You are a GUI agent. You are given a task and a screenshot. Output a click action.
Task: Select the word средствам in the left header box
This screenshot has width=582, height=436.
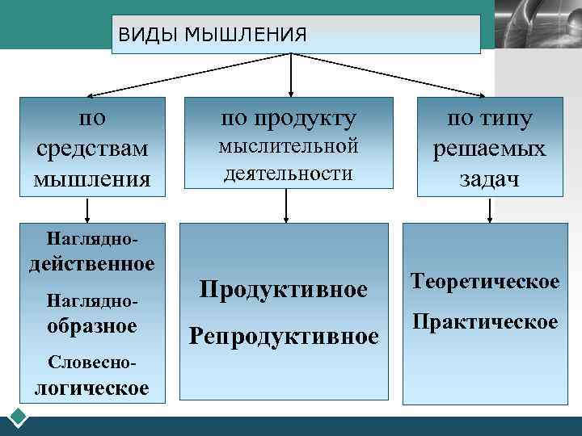click(93, 149)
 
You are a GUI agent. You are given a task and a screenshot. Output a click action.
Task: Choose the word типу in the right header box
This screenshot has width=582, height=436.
click(508, 119)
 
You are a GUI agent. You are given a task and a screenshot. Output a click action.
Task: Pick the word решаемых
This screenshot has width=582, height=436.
click(489, 149)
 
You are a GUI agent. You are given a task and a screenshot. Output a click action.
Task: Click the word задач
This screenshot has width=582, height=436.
click(489, 179)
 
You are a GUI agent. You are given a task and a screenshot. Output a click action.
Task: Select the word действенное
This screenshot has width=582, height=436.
click(92, 265)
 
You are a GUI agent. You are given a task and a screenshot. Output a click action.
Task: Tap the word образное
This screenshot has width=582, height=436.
click(92, 326)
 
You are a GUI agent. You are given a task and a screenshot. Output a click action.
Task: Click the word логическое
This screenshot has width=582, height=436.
click(91, 388)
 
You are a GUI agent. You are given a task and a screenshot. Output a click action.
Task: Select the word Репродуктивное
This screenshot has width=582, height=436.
click(284, 335)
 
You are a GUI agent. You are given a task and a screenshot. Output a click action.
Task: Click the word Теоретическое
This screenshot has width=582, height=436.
click(485, 282)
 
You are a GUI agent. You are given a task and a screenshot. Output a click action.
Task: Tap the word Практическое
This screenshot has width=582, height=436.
click(485, 322)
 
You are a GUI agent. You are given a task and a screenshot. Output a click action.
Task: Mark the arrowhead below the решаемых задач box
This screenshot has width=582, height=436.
click(489, 216)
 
